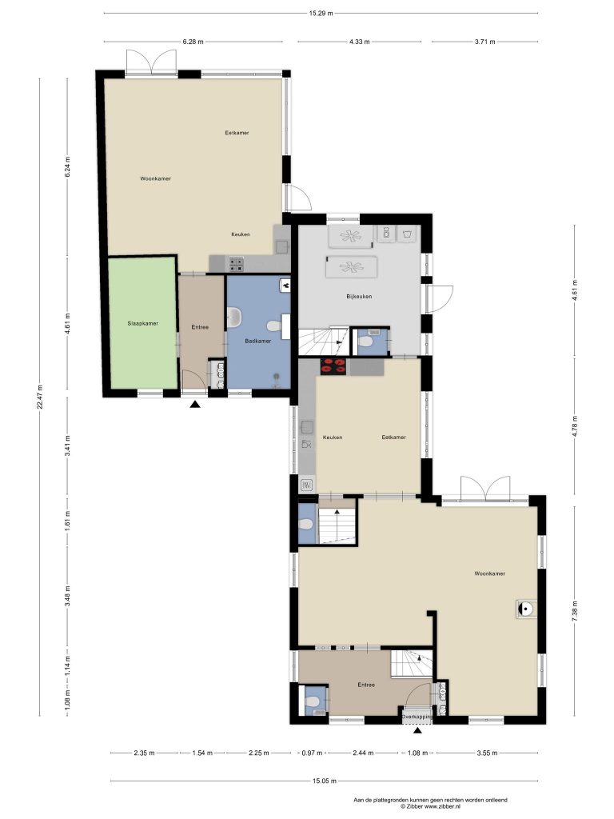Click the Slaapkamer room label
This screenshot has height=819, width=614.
142,323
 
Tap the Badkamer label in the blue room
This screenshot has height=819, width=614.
258,341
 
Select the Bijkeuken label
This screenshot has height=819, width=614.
359,296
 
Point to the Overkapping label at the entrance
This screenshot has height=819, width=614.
417,717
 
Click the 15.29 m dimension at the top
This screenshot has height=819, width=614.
321,13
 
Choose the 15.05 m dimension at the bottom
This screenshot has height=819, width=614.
325,781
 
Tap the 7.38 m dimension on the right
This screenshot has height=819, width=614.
575,610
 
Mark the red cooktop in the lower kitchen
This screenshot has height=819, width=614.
334,366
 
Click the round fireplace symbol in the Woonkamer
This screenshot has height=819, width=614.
525,609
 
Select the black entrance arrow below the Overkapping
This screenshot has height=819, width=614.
417,730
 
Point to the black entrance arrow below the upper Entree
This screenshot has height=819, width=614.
195,404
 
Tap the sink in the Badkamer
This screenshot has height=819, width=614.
234,317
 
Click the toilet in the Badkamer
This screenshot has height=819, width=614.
273,326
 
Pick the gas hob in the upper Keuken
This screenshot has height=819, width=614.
236,265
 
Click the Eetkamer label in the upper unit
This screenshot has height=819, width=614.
237,133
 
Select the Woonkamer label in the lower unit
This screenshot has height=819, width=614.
489,573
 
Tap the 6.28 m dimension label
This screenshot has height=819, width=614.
193,42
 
